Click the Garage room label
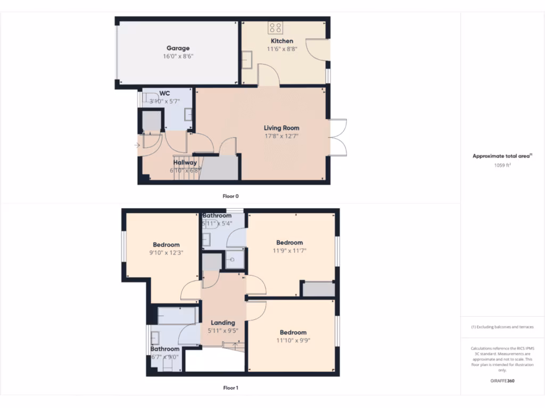(x=178, y=48)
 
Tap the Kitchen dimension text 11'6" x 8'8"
(x=282, y=49)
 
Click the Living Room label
(x=282, y=128)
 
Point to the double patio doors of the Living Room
(x=338, y=137)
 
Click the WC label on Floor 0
(x=164, y=93)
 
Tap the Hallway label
(x=185, y=163)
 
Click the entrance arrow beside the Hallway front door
(x=137, y=145)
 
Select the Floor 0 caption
(x=230, y=196)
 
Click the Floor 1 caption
(x=230, y=388)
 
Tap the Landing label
(x=222, y=322)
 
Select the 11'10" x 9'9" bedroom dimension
(x=293, y=341)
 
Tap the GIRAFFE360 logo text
(x=502, y=381)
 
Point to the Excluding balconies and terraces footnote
(x=502, y=327)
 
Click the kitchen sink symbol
(x=247, y=57)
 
